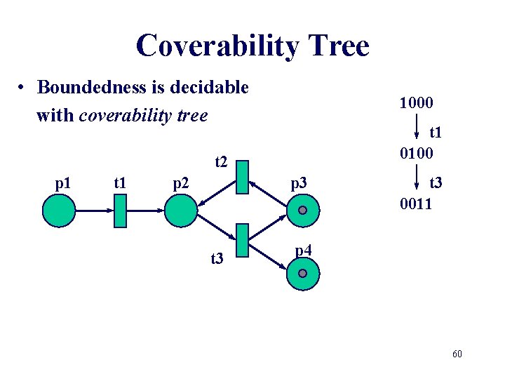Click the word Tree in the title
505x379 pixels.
click(334, 46)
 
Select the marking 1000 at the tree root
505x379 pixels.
click(416, 103)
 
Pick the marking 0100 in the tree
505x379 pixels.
click(416, 153)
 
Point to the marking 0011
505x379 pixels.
click(416, 204)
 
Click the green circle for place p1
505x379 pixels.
click(59, 211)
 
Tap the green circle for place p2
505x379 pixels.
click(182, 211)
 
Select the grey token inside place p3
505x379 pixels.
click(302, 211)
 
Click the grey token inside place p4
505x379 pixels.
click(302, 273)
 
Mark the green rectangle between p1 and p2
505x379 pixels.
click(119, 211)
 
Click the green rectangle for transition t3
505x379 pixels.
click(243, 240)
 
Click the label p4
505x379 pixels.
click(303, 250)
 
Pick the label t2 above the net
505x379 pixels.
click(220, 162)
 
